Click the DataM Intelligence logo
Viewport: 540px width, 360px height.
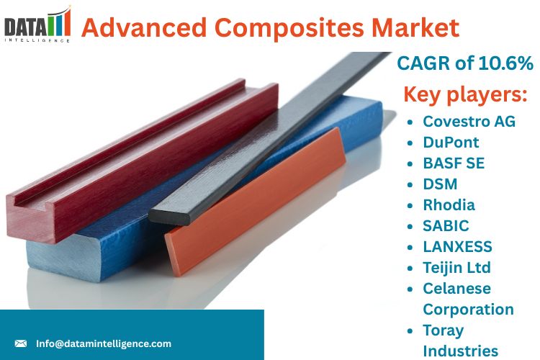[x=37, y=24]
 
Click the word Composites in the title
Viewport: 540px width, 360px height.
[x=289, y=27]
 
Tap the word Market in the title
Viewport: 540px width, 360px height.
[x=415, y=27]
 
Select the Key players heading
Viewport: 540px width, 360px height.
[x=465, y=94]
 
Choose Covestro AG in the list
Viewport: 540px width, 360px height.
[x=469, y=121]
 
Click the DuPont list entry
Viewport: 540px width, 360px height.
[x=451, y=143]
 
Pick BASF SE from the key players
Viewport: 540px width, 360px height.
[x=454, y=163]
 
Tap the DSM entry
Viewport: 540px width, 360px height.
[x=440, y=184]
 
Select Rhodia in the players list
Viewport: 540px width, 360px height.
[x=449, y=205]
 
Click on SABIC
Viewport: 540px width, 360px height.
[x=446, y=225]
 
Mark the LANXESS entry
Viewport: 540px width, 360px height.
[x=457, y=247]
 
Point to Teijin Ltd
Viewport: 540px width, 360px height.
[x=456, y=268]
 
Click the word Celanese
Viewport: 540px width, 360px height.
[x=456, y=288]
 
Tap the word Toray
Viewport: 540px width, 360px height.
[x=444, y=330]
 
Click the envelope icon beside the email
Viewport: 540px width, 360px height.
[x=21, y=343]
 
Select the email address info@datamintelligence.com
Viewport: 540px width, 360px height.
[x=103, y=343]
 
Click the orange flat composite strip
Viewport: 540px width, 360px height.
[x=255, y=201]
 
